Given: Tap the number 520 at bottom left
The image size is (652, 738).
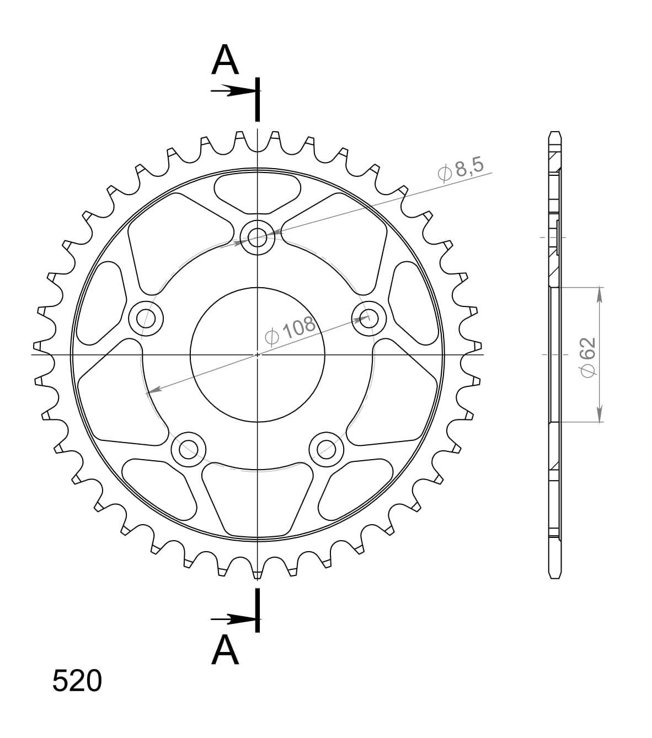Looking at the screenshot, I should click(x=77, y=681).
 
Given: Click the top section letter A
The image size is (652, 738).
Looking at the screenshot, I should click(x=225, y=60).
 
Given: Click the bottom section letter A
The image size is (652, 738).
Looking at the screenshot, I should click(x=225, y=650).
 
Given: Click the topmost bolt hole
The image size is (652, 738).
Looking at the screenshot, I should click(x=258, y=238).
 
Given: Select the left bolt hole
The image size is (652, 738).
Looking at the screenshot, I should click(x=146, y=318).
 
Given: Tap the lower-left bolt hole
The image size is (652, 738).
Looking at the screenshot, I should click(x=189, y=449).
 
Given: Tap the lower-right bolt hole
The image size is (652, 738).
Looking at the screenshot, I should click(x=326, y=449).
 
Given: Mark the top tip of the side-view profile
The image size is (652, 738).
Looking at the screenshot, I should click(x=555, y=133).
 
